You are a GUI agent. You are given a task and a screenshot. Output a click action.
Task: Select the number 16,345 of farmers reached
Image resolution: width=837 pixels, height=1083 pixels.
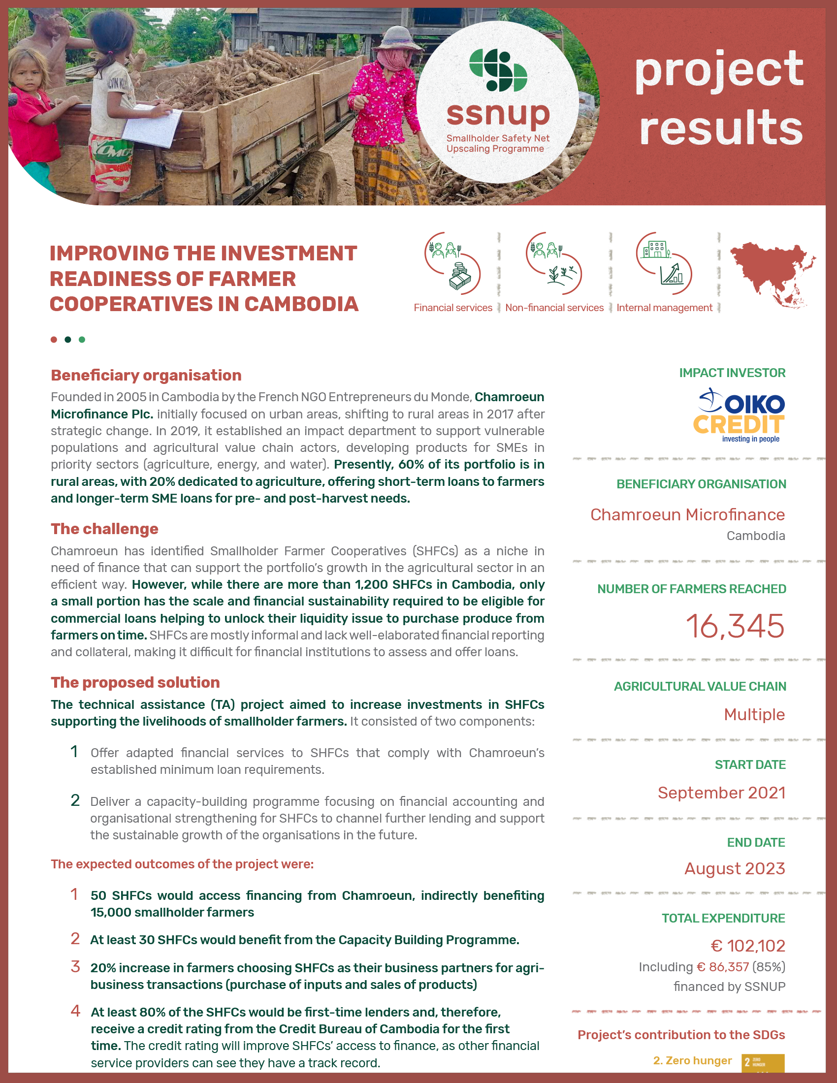coord(735,626)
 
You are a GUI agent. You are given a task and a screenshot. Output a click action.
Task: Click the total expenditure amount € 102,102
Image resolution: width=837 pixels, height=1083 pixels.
coord(748,946)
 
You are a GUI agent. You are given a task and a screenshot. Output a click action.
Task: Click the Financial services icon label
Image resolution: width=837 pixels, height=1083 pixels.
coord(452,308)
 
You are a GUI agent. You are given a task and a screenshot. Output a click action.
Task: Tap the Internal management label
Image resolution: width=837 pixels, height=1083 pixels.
coord(664,308)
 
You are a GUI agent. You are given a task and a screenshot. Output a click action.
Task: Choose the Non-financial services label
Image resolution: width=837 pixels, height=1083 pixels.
coord(554,308)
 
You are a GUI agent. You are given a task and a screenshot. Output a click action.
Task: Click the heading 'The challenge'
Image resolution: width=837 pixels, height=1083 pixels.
coord(104,529)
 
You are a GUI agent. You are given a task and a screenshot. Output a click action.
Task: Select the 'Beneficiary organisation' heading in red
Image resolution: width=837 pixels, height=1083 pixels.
coord(146,376)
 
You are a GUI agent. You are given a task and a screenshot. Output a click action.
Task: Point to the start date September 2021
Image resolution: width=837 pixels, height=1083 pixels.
coord(721,793)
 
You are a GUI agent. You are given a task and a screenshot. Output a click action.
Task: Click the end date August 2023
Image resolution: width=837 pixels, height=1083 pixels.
coord(735,869)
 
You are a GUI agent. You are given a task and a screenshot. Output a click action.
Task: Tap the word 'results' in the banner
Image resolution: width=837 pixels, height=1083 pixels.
coord(721,128)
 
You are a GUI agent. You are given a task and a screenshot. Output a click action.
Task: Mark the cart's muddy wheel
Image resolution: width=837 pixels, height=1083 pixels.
coord(317,176)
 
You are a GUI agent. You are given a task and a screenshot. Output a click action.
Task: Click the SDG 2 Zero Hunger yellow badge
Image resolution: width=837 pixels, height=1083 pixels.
coord(763,1062)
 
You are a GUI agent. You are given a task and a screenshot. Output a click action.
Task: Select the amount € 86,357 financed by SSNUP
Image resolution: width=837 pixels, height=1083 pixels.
coord(722,967)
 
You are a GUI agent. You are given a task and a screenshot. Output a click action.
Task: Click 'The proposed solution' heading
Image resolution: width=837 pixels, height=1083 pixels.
coord(135,683)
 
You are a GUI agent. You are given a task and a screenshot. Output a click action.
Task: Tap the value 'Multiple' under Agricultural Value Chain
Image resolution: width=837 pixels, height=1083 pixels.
coord(754,715)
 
